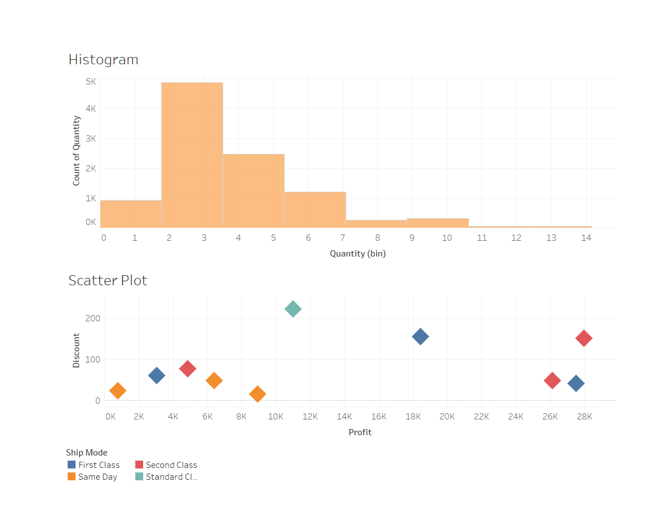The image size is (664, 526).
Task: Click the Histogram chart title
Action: (103, 60)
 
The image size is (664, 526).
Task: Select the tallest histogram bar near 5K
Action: (192, 155)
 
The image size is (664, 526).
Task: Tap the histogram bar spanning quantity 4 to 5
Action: (254, 191)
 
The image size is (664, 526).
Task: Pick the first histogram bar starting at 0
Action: (131, 214)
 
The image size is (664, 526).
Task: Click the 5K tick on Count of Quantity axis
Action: (90, 81)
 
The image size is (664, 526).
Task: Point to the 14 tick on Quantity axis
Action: (586, 238)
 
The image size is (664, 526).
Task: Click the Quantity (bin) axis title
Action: (357, 254)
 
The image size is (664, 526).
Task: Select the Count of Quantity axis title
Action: (76, 151)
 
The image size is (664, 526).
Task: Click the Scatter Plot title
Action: (108, 281)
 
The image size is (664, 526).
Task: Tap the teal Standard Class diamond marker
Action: (293, 308)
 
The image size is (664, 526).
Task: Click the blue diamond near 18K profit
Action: (420, 337)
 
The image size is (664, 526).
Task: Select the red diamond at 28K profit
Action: (584, 338)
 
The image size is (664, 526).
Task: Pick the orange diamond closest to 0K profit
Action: (117, 390)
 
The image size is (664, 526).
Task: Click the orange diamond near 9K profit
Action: (258, 394)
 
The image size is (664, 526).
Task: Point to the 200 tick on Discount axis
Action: (93, 319)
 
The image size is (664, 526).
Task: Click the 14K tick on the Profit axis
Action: (344, 417)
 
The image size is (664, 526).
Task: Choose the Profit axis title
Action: (360, 432)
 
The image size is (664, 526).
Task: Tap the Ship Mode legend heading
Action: (86, 453)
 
